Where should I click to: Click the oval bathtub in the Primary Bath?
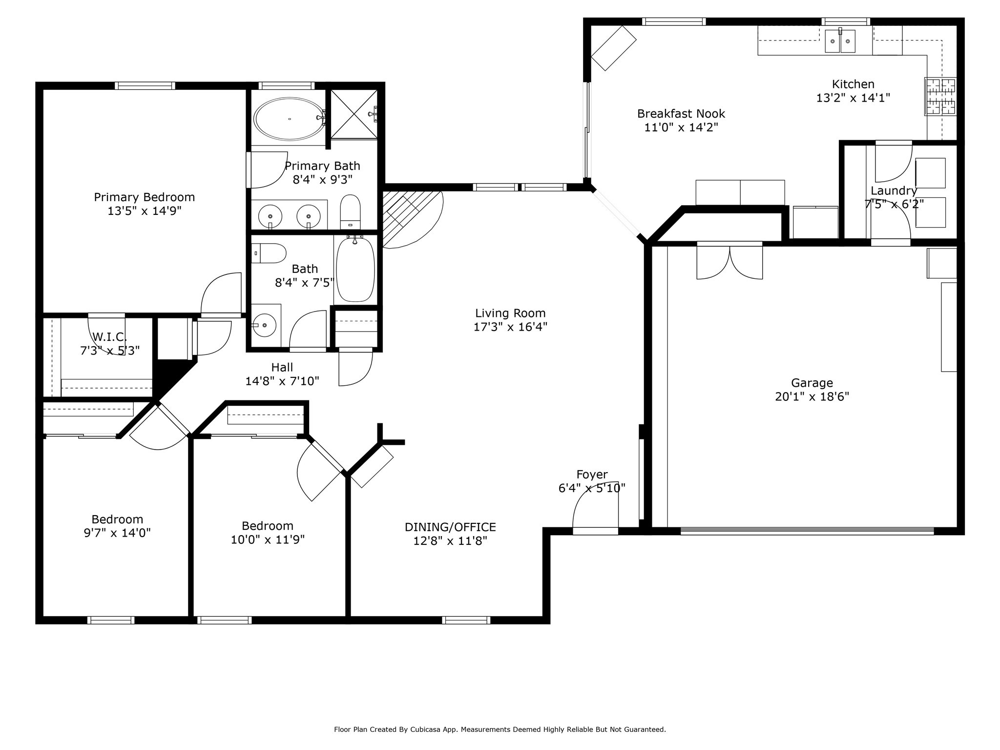tap(289, 119)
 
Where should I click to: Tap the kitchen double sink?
tap(840, 41)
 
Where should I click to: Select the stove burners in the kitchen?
tap(940, 97)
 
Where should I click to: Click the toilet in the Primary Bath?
tap(350, 212)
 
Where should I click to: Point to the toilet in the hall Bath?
tap(268, 253)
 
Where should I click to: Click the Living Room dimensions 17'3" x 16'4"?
tap(510, 327)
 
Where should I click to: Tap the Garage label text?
tap(812, 383)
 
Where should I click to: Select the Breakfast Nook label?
tap(681, 114)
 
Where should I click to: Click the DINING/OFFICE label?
tap(450, 527)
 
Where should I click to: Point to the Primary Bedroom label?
tap(144, 197)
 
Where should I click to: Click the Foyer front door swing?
tap(596, 505)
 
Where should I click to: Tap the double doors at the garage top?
tap(729, 261)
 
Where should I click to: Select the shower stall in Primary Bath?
tap(354, 114)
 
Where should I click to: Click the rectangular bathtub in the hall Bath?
tap(356, 269)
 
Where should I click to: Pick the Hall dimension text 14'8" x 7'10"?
tap(282, 381)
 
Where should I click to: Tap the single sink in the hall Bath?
tap(266, 324)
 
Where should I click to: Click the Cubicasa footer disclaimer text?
tap(500, 729)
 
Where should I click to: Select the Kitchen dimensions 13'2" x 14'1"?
tap(853, 98)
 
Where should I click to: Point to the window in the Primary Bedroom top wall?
tap(145, 86)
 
